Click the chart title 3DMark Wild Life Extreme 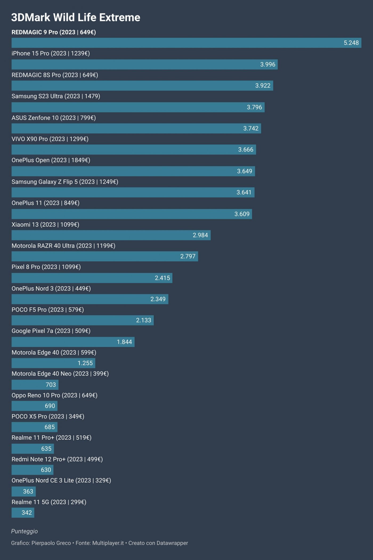(76, 18)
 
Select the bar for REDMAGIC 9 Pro (186, 43)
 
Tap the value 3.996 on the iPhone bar (267, 64)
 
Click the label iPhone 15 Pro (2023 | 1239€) (51, 54)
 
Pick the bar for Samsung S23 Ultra (138, 107)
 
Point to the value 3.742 (251, 128)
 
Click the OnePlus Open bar (133, 171)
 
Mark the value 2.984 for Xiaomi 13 (200, 235)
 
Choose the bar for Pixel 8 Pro (92, 278)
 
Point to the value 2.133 (143, 320)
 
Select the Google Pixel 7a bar (73, 342)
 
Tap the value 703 (51, 385)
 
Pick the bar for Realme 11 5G (23, 513)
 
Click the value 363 (28, 491)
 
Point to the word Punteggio (25, 531)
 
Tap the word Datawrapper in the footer (172, 543)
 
